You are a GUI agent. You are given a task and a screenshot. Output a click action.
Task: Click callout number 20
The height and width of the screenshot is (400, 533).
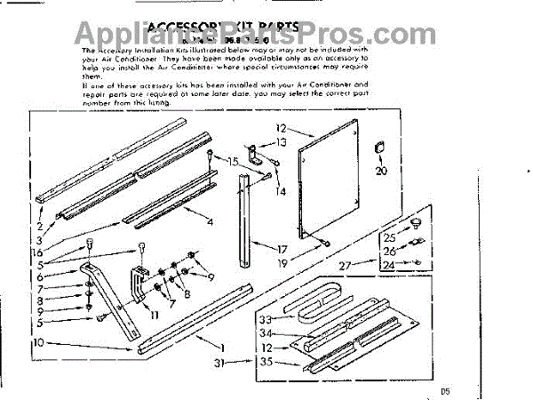pos(382,172)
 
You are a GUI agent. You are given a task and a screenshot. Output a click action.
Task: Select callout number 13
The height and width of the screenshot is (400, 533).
pos(282,142)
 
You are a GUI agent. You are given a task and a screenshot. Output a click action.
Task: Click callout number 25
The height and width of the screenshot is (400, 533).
pos(388,237)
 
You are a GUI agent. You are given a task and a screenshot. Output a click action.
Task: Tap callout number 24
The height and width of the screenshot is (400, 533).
pos(388,264)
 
